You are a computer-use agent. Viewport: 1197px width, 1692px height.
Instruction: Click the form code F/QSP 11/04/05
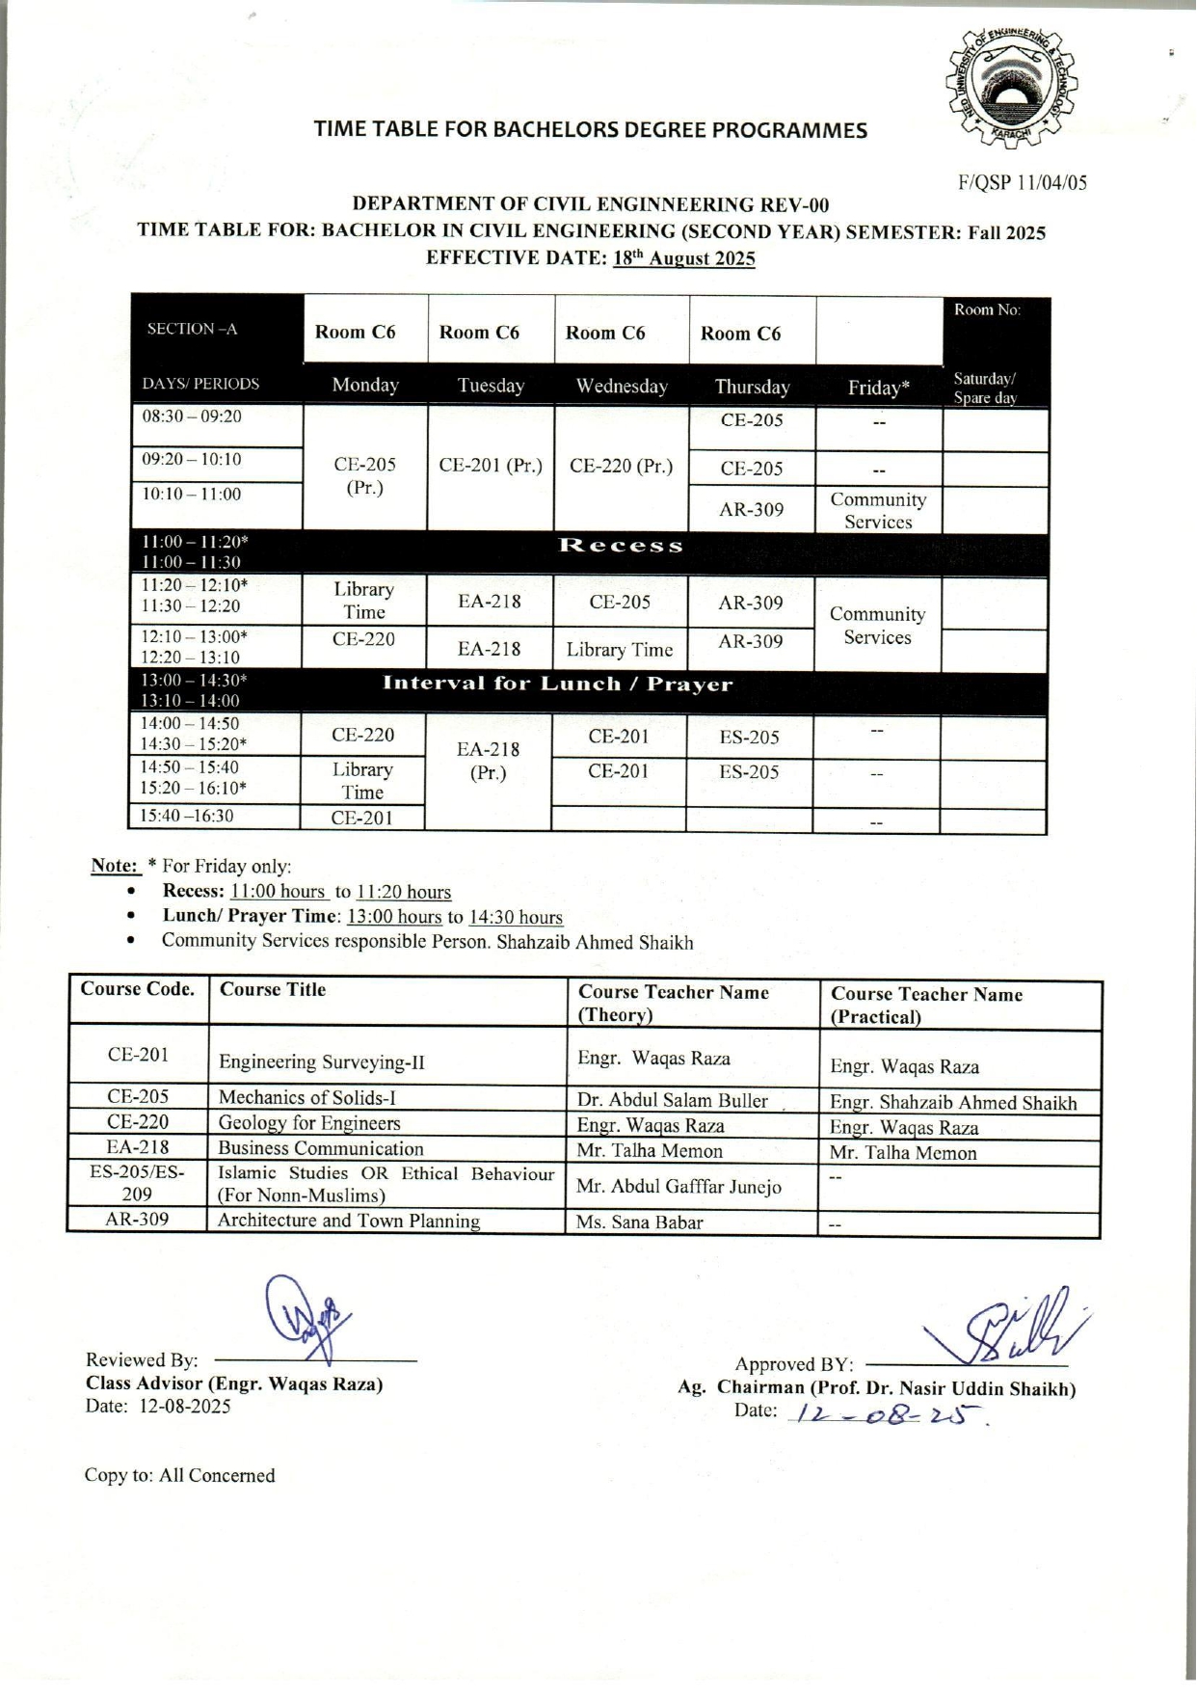(1022, 182)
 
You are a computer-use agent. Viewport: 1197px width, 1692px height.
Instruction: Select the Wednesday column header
(622, 387)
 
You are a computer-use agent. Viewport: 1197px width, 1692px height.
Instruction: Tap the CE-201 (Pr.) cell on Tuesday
(491, 466)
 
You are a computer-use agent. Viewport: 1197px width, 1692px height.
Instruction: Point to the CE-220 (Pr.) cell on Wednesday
(622, 466)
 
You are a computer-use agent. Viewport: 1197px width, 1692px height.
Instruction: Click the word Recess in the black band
(622, 546)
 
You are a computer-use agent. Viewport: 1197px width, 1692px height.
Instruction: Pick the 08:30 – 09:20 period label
(192, 417)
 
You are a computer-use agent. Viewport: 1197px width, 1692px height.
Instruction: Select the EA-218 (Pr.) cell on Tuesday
(489, 761)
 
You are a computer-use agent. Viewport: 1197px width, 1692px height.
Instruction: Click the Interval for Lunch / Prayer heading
(558, 685)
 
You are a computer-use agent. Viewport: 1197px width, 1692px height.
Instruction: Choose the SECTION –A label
(192, 329)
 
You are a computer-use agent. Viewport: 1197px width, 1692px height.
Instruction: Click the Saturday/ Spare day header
(985, 388)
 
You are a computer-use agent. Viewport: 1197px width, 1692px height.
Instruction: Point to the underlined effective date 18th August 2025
(683, 258)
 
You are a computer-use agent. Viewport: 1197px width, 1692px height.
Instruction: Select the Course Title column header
(273, 990)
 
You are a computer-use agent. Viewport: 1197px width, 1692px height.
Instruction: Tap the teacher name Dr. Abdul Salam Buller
(673, 1100)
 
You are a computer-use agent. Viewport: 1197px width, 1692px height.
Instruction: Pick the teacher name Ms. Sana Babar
(639, 1222)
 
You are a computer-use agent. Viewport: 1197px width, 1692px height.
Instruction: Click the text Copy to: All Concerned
(179, 1476)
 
